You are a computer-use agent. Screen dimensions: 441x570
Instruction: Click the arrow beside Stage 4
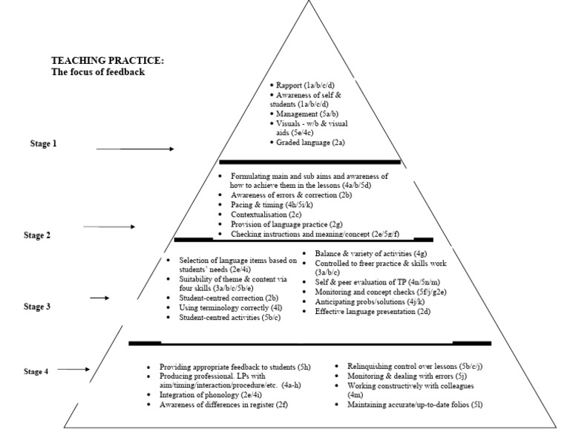(74, 369)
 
